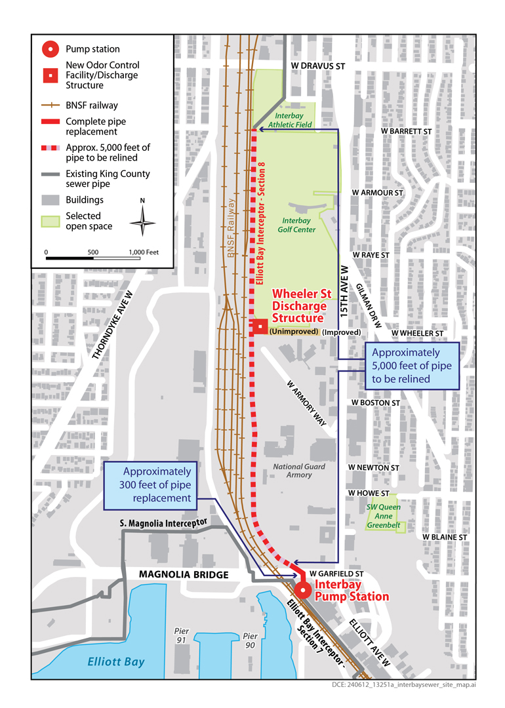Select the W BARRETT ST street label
(407, 131)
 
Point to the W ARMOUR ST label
(376, 192)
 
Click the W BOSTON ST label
(375, 402)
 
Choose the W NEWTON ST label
(374, 467)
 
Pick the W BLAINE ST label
(444, 537)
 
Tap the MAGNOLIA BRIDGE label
(184, 575)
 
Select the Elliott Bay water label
(117, 661)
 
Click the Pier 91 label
(182, 635)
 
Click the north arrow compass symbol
(142, 222)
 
